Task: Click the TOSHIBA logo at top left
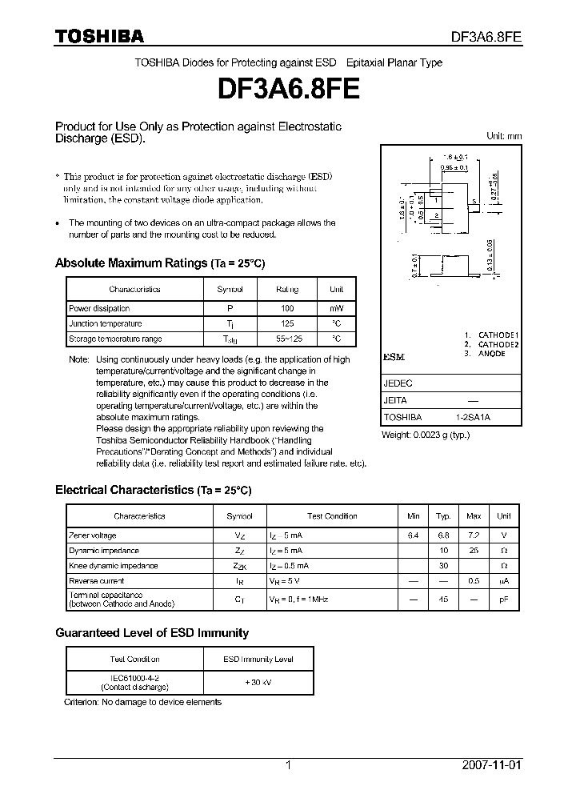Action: (99, 36)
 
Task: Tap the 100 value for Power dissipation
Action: (287, 308)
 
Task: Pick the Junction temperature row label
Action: (106, 323)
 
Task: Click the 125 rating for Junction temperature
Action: (287, 323)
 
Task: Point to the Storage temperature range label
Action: (116, 339)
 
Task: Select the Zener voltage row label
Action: (93, 535)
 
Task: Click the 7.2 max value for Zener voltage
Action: (474, 535)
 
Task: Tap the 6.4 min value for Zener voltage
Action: (414, 535)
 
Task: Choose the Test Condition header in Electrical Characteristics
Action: (332, 516)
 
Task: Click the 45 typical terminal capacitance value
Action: (443, 599)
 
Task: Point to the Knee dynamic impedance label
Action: (114, 566)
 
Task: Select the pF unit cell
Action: (504, 599)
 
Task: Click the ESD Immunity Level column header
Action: (258, 660)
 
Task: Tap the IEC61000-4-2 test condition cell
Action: (134, 677)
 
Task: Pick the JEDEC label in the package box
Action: (398, 383)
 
